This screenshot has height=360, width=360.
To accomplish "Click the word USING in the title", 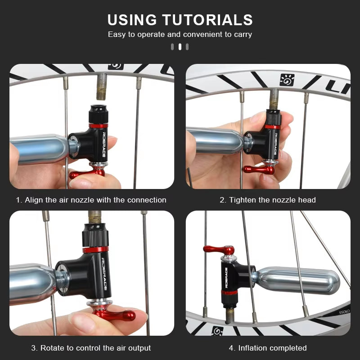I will pyautogui.click(x=132, y=20).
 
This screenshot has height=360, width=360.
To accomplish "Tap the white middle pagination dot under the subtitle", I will pyautogui.click(x=180, y=46).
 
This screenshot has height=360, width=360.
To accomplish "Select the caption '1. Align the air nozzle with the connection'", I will pyautogui.click(x=91, y=200).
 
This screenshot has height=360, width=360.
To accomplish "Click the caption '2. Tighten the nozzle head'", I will pyautogui.click(x=268, y=200).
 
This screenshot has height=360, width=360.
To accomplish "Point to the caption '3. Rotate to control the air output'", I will pyautogui.click(x=91, y=348).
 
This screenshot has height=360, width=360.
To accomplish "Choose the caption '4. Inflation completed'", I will pyautogui.click(x=268, y=348).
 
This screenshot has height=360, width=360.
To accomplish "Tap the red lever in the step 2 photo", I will pyautogui.click(x=259, y=170).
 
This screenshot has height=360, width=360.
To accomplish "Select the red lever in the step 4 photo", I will pyautogui.click(x=219, y=249).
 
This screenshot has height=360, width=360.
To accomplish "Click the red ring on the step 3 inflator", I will pyautogui.click(x=95, y=250).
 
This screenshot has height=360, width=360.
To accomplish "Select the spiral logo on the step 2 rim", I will pyautogui.click(x=287, y=80).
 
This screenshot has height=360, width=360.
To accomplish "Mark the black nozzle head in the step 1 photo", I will pyautogui.click(x=98, y=114).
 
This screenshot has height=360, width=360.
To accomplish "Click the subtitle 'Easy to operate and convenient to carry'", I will pyautogui.click(x=180, y=34).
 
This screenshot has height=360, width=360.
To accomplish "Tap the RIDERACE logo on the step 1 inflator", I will pyautogui.click(x=103, y=144).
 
